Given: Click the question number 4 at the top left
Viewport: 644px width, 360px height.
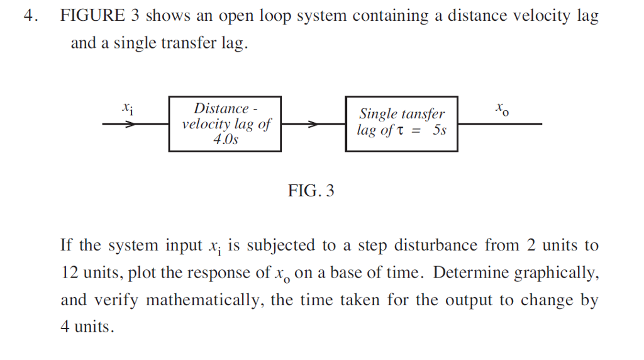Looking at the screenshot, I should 28,16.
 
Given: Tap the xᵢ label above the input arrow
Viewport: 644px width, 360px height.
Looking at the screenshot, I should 127,108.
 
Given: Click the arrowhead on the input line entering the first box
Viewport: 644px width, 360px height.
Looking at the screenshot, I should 130,125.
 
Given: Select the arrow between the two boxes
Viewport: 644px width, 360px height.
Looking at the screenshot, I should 313,125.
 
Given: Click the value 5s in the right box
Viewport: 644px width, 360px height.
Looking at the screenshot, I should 439,131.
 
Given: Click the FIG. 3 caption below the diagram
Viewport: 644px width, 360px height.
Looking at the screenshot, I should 311,191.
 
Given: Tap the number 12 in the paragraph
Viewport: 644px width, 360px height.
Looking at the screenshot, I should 69,273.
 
